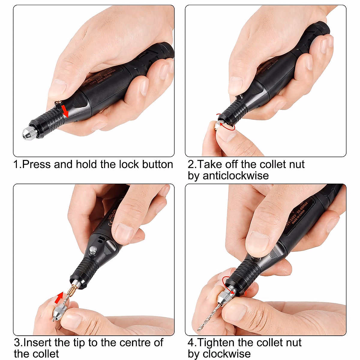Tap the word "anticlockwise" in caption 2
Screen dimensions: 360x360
click(235, 175)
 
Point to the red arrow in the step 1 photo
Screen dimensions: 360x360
click(65, 111)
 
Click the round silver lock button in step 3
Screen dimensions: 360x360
click(93, 250)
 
